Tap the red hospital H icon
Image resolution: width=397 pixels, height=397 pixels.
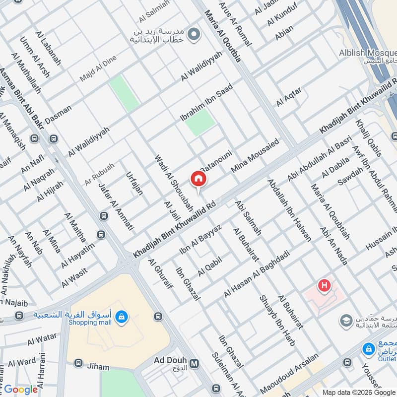point(325,285)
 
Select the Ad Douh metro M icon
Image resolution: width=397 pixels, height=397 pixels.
point(195,363)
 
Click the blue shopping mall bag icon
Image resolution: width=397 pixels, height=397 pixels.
point(122,316)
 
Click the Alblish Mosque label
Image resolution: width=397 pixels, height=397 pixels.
point(367,53)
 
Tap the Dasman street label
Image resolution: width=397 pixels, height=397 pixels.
point(58,114)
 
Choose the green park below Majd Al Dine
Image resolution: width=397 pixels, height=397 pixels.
point(124,93)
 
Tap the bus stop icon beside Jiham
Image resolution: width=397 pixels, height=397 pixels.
point(78,363)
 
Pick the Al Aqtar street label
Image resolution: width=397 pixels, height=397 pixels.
point(288,95)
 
